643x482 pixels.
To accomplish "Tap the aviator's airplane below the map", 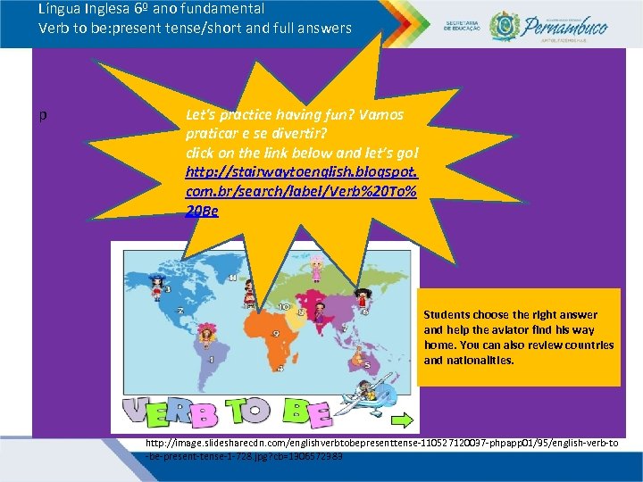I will (x=367, y=398).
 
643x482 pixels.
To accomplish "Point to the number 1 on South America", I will (x=212, y=360).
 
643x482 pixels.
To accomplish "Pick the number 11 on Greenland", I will (x=234, y=278).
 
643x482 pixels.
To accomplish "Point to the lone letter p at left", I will (x=43, y=115).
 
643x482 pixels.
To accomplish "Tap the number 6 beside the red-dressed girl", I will (x=364, y=312).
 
